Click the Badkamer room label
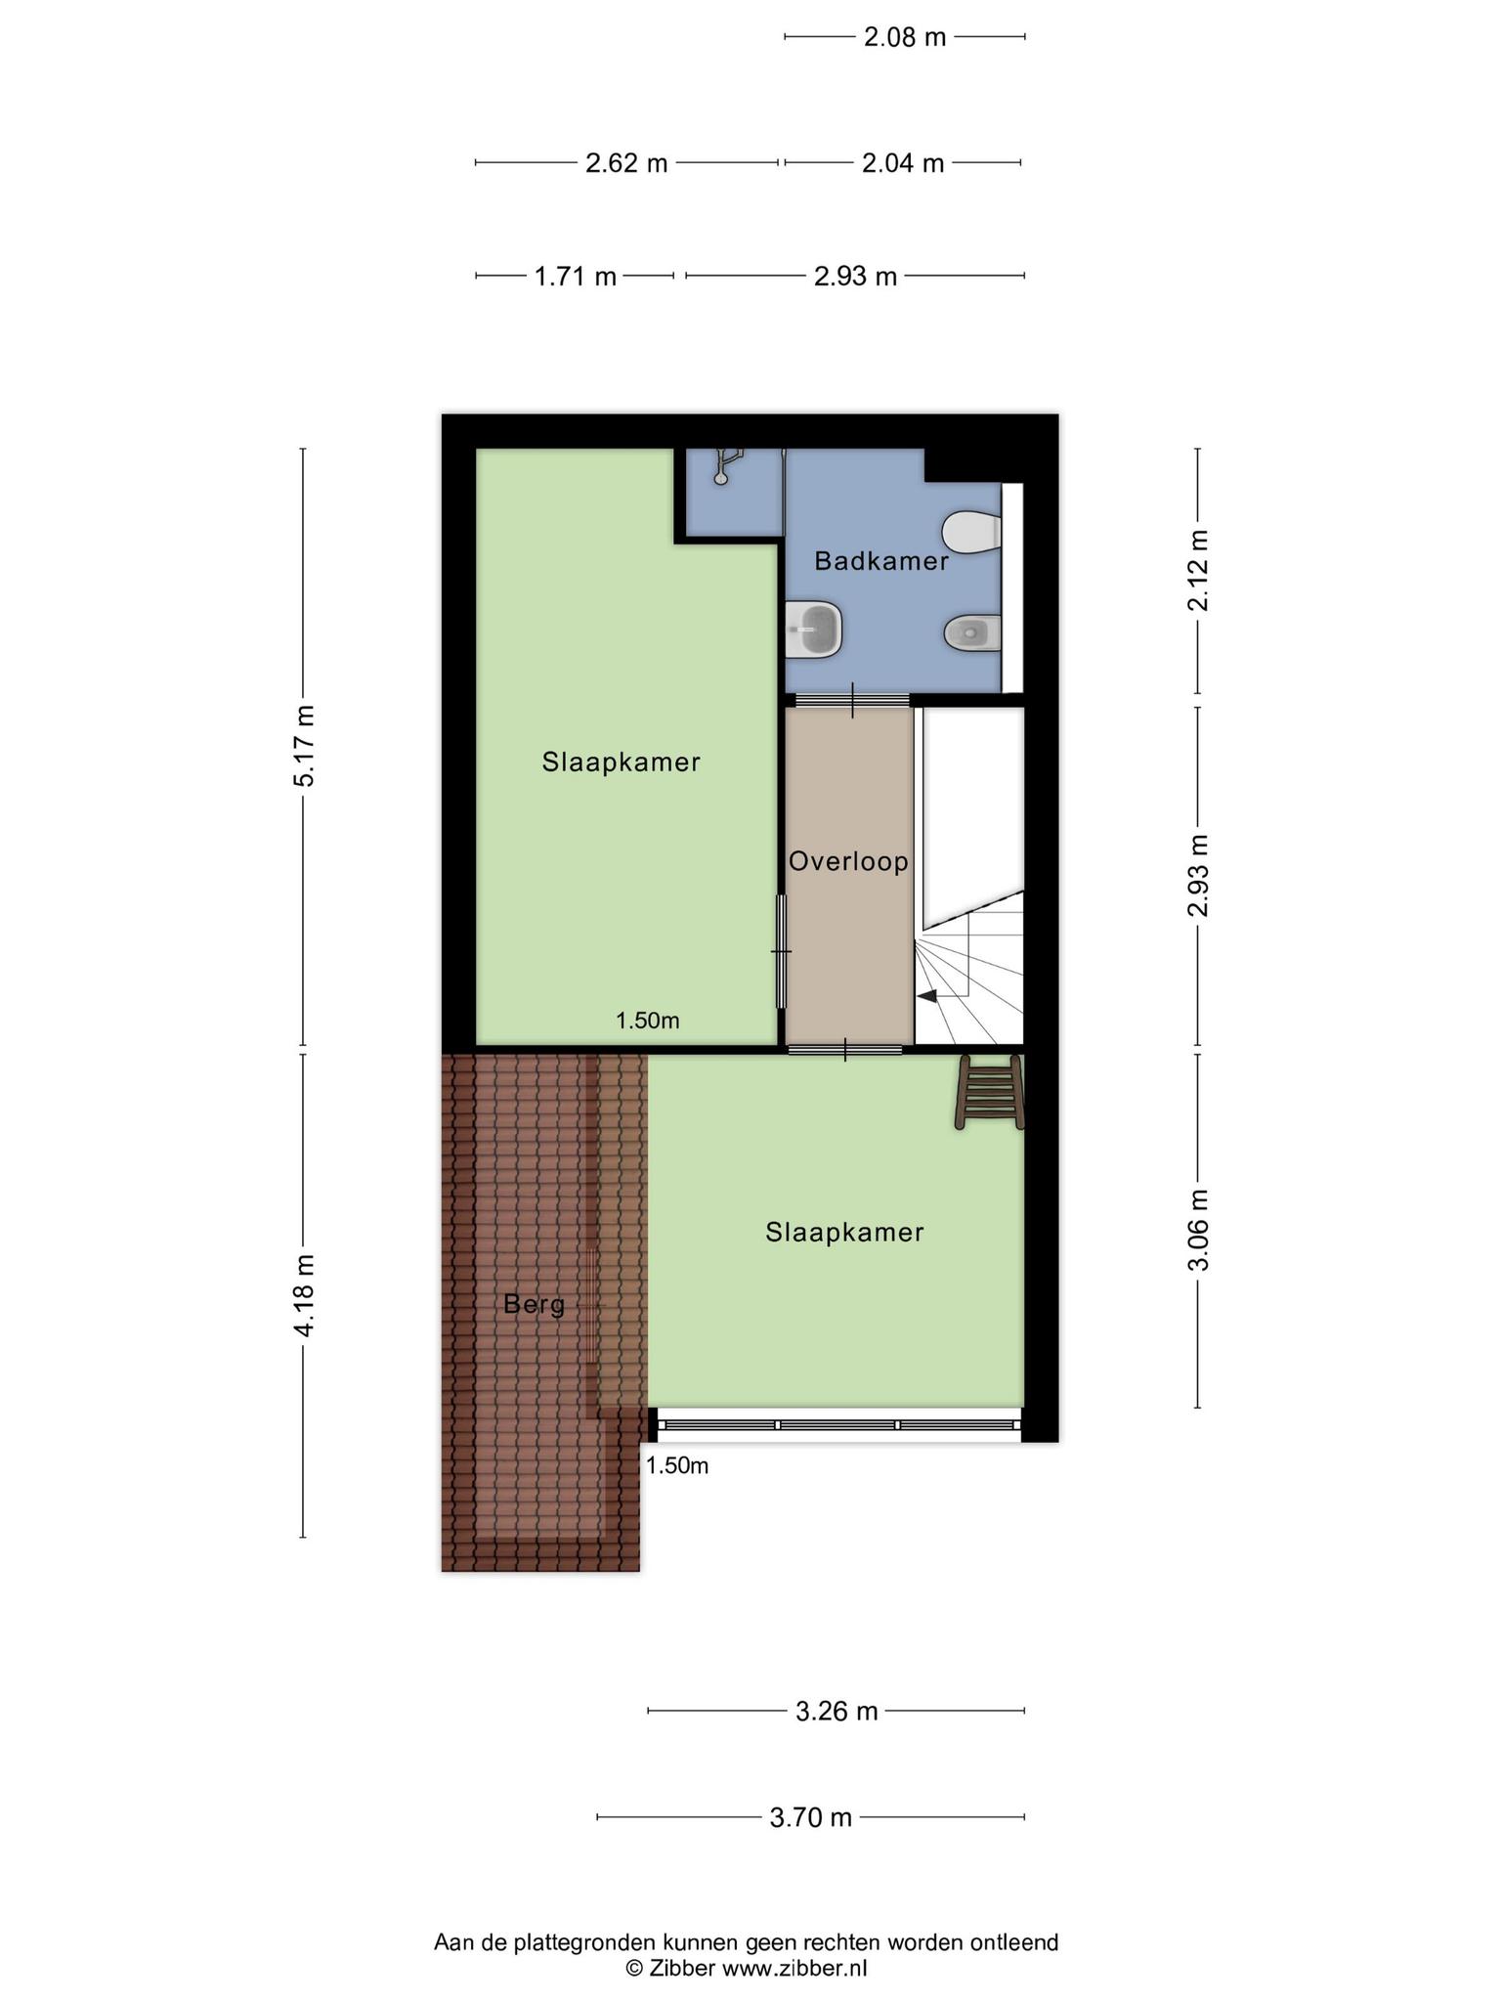pyautogui.click(x=881, y=561)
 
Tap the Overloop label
pyautogui.click(x=848, y=862)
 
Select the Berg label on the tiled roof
pyautogui.click(x=535, y=1305)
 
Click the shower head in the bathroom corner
pyautogui.click(x=726, y=464)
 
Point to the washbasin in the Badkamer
pyautogui.click(x=814, y=630)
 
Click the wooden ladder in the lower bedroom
pyautogui.click(x=991, y=1092)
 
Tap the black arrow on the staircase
pyautogui.click(x=926, y=996)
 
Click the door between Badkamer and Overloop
pyautogui.click(x=852, y=700)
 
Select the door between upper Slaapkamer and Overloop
pyautogui.click(x=781, y=950)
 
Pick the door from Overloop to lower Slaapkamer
pyautogui.click(x=845, y=1050)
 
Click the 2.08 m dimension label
pyautogui.click(x=905, y=37)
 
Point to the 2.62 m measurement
pyautogui.click(x=626, y=163)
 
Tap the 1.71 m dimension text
pyautogui.click(x=576, y=277)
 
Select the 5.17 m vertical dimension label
pyautogui.click(x=305, y=746)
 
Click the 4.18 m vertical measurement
pyautogui.click(x=305, y=1295)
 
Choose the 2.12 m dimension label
pyautogui.click(x=1198, y=570)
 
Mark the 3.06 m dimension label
pyautogui.click(x=1198, y=1230)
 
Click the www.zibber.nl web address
pyautogui.click(x=794, y=1968)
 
